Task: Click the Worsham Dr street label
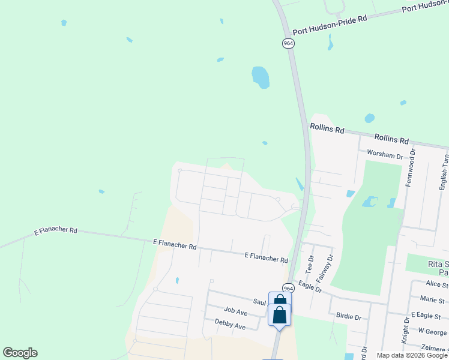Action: pos(385,155)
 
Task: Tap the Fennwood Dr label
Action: pos(411,167)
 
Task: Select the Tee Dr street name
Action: pos(310,265)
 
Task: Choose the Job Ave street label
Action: pos(235,311)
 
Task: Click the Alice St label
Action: pos(436,284)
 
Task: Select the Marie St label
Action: pos(432,299)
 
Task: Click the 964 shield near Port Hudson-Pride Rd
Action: pos(289,44)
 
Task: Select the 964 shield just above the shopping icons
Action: pos(288,289)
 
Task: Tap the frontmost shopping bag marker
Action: pos(279,315)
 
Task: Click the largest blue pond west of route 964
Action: pos(261,77)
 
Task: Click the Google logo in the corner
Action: pos(20,353)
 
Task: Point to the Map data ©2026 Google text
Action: pos(411,355)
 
